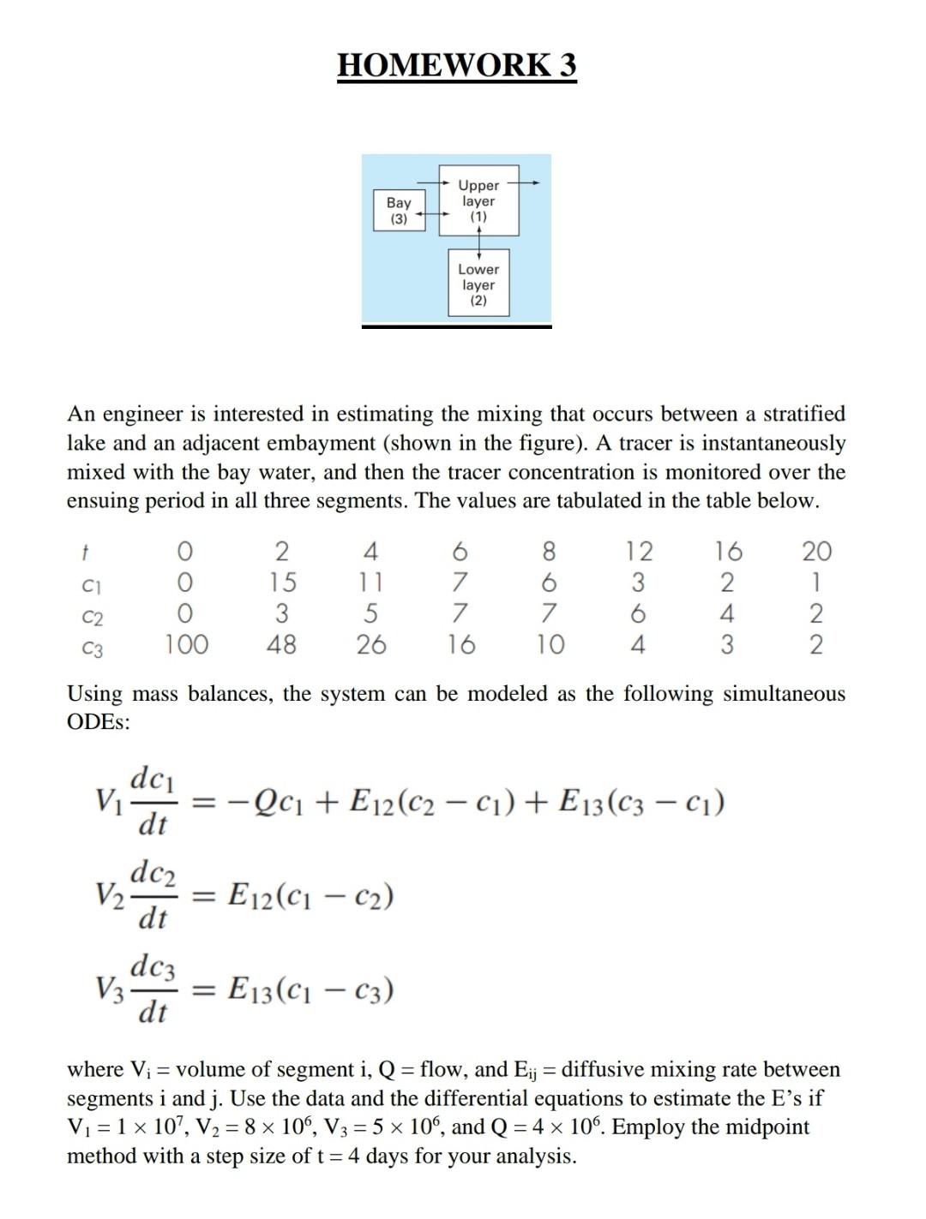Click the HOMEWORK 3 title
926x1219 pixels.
[457, 65]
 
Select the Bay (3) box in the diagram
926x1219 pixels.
[399, 210]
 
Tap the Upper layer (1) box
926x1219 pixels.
[478, 201]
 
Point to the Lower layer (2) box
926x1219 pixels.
[478, 284]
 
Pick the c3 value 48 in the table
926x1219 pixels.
[281, 644]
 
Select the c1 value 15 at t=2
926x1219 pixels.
[281, 583]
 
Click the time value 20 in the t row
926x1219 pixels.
[815, 551]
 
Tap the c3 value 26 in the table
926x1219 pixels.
[370, 644]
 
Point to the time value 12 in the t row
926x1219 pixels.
[637, 551]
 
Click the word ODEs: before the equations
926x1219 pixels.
[99, 722]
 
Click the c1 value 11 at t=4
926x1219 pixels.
[370, 583]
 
